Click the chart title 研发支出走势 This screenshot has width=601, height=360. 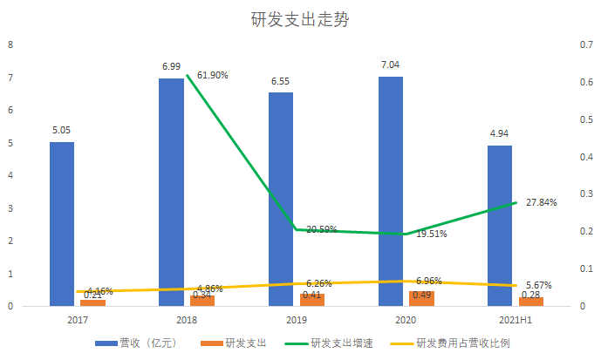(300, 19)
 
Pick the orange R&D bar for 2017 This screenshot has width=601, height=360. (92, 302)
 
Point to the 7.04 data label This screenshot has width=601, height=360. (390, 65)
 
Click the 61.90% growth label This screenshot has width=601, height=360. (213, 75)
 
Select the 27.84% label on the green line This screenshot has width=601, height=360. (541, 201)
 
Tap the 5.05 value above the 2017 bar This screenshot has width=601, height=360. (61, 130)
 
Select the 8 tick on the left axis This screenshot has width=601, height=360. (10, 44)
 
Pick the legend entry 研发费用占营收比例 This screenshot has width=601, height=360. (459, 343)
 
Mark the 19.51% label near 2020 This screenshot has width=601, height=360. (432, 234)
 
